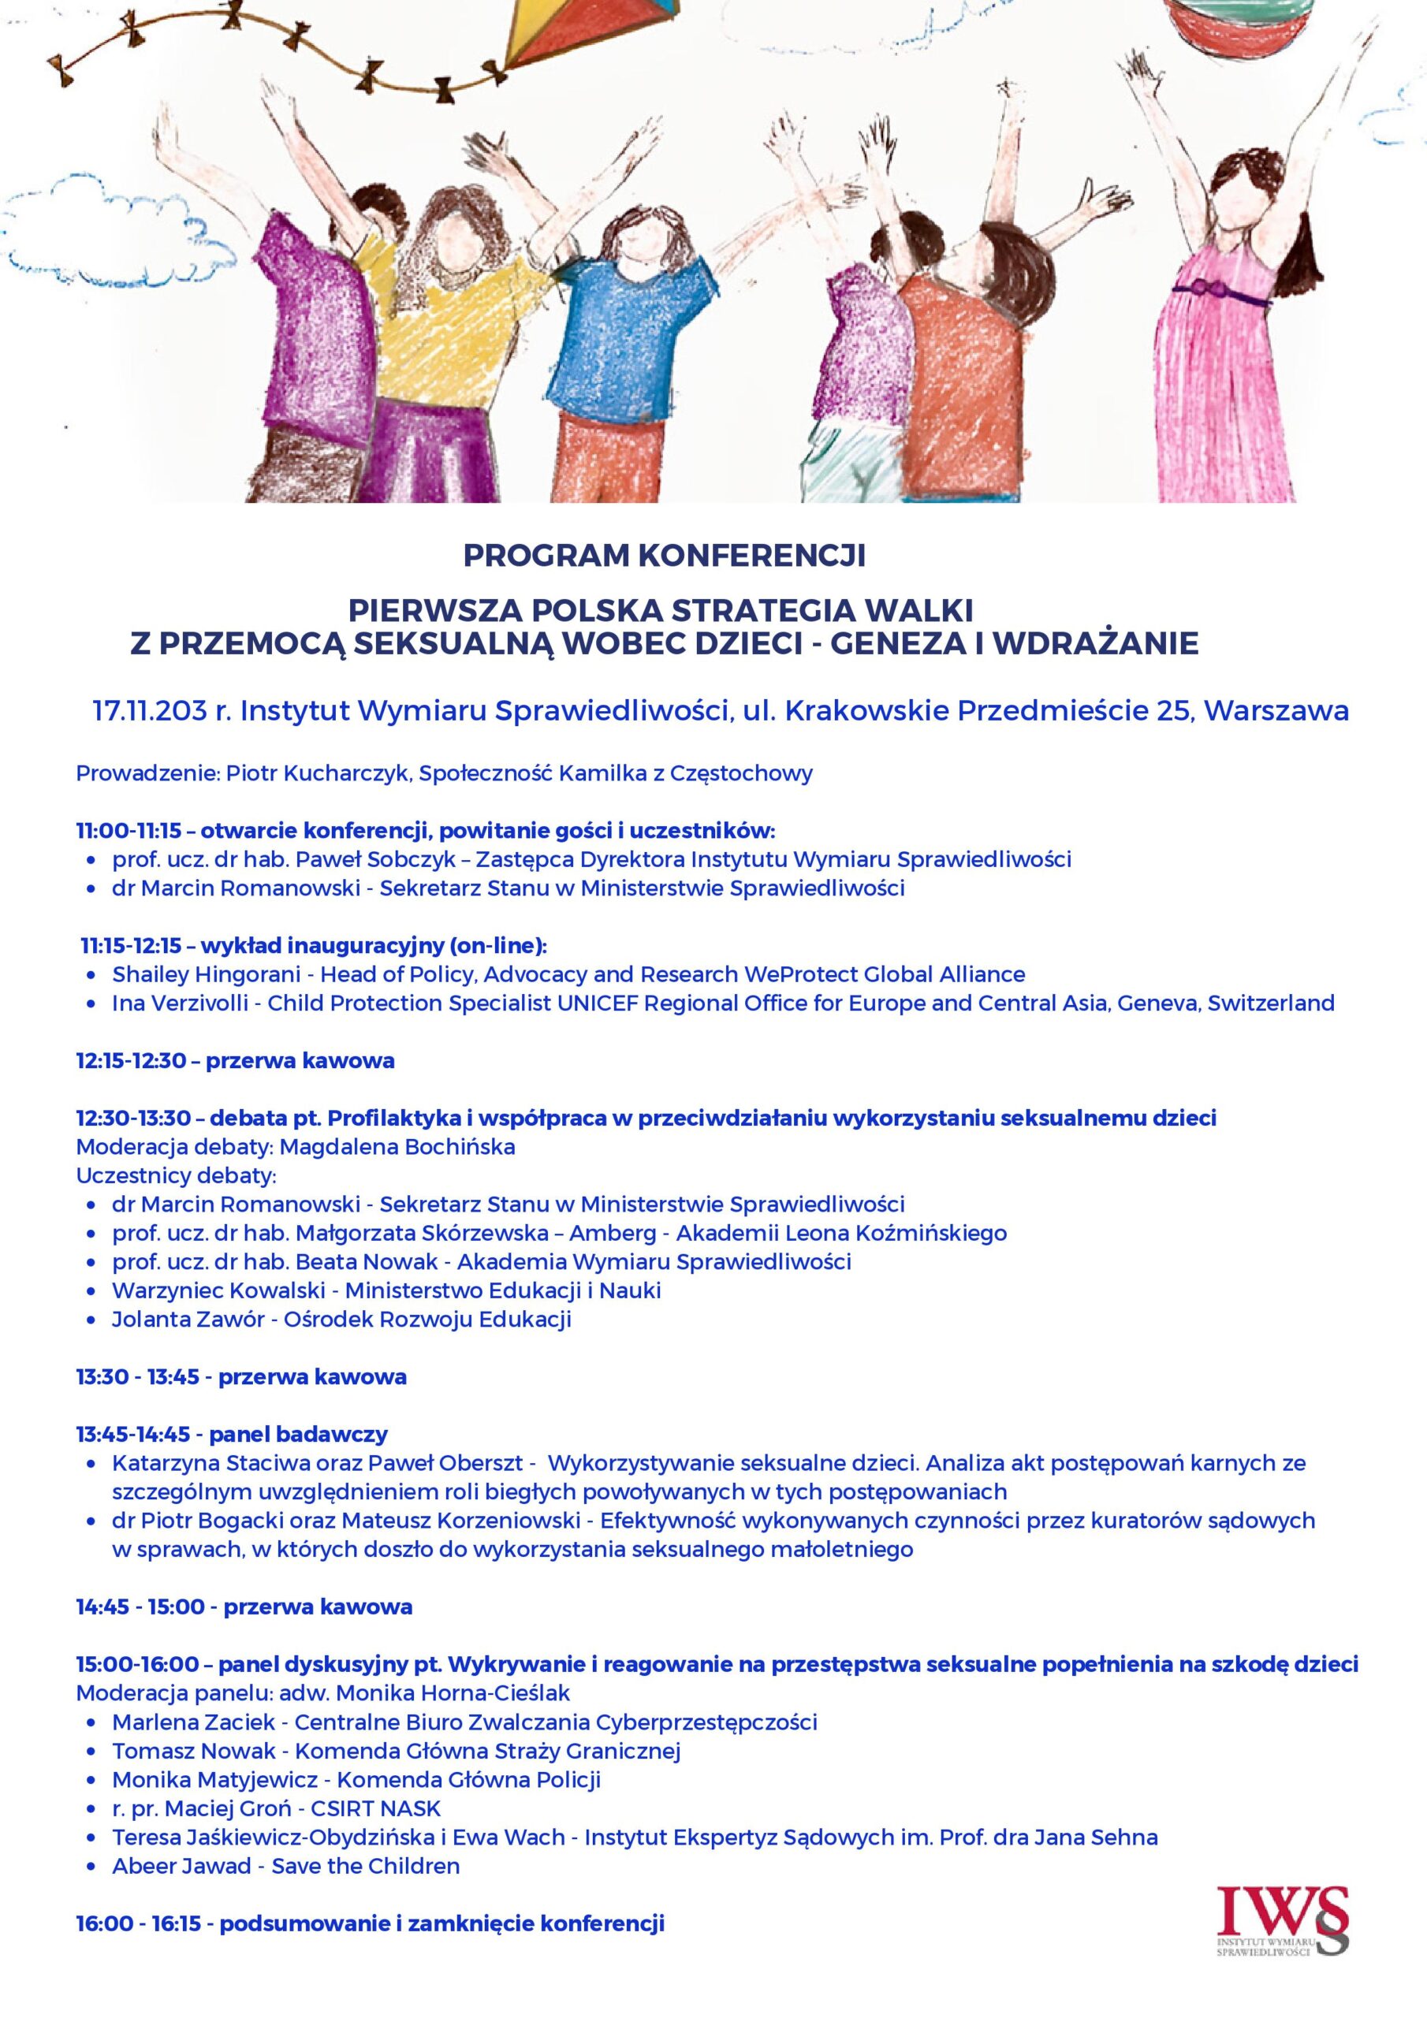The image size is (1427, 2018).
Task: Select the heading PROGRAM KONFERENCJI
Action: click(x=664, y=557)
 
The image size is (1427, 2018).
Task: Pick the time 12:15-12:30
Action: click(x=131, y=1061)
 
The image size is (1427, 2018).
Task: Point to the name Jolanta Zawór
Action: click(x=188, y=1320)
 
